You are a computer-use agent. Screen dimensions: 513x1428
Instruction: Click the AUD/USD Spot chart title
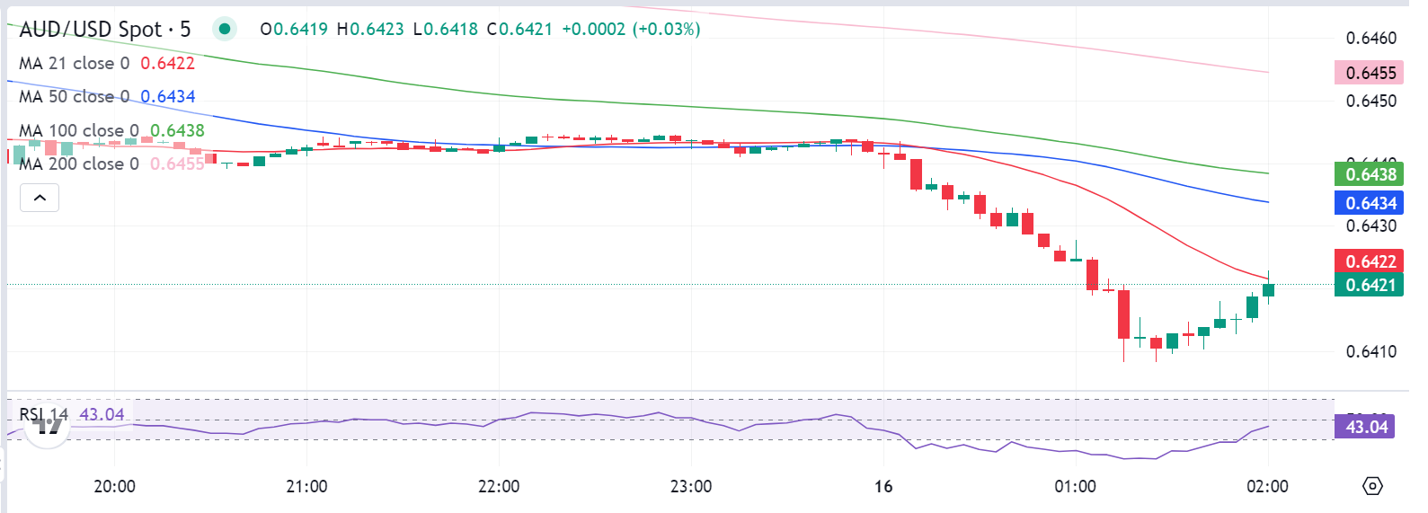coord(104,30)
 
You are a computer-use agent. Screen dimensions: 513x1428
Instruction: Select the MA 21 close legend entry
coord(75,64)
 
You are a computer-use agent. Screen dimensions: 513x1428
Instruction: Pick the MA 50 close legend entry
coord(75,97)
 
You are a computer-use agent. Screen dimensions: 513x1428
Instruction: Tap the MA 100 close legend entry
coord(79,131)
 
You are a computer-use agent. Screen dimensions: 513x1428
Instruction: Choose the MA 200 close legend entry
coord(79,164)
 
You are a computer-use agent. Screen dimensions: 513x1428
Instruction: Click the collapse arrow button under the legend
coord(40,198)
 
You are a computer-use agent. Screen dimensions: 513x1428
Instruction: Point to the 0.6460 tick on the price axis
coord(1371,38)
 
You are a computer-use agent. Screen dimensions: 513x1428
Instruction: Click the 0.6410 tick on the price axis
coord(1371,351)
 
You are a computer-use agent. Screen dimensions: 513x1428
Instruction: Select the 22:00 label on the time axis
coord(499,486)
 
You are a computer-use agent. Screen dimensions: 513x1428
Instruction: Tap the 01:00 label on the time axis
coord(1075,486)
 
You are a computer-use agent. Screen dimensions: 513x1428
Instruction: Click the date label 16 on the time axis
coord(883,486)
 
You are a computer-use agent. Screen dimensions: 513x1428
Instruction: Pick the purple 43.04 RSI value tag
coord(1366,427)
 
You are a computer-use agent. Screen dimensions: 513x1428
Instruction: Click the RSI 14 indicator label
coord(44,415)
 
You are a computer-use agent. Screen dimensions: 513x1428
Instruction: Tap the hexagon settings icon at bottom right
coord(1372,486)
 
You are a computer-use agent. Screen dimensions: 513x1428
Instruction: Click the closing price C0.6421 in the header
coord(519,30)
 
